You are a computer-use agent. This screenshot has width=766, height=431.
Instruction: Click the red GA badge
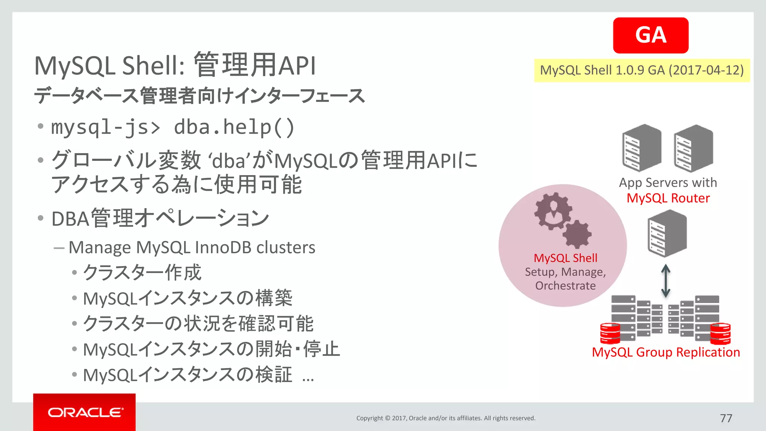coord(650,35)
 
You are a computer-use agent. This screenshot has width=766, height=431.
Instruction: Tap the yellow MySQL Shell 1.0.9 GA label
coord(642,70)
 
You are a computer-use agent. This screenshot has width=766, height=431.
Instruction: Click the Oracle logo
coord(85,412)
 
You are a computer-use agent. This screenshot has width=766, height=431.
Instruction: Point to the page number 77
coord(726,418)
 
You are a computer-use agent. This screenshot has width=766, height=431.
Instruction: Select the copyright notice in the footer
coord(446,418)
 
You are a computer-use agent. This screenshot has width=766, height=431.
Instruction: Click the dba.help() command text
coord(235,127)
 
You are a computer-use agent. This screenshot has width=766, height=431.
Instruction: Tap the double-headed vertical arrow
coord(666,281)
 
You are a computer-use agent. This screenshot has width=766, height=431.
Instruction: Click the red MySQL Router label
coord(668,198)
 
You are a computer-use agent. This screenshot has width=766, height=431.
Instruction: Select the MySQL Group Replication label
coord(666,352)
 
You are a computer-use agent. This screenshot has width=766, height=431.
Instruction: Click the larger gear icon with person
coord(553,211)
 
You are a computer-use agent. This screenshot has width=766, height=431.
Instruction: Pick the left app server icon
coord(641,148)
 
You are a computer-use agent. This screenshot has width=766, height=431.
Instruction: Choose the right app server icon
coord(693,148)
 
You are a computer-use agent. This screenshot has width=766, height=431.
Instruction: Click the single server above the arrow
coord(667,233)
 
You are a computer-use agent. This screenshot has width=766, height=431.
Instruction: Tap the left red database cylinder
coord(610,333)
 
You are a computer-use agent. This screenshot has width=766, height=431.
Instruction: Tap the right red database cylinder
coord(720,333)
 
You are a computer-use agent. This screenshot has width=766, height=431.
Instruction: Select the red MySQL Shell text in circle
coord(565,258)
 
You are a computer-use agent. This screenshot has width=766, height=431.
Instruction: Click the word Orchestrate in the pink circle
coord(565,286)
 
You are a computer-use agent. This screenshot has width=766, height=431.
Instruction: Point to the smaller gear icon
coord(577,234)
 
